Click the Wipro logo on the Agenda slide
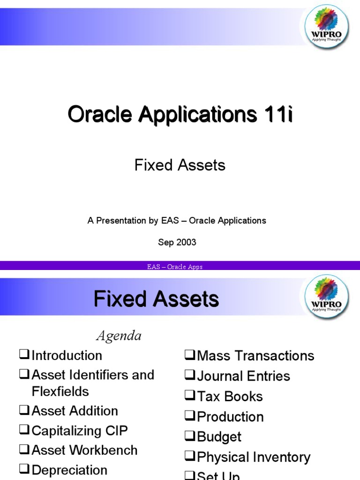[327, 296]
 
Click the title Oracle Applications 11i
[180, 114]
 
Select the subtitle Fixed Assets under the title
[180, 165]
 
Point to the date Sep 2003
[177, 242]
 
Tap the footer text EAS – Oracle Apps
[174, 267]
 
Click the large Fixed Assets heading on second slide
[156, 299]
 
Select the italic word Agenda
[119, 336]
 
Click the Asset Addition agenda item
[75, 411]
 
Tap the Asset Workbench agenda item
[84, 450]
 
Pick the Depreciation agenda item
[69, 470]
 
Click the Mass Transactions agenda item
[255, 356]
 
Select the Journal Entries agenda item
[243, 376]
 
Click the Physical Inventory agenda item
[254, 457]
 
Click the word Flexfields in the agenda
[60, 391]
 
